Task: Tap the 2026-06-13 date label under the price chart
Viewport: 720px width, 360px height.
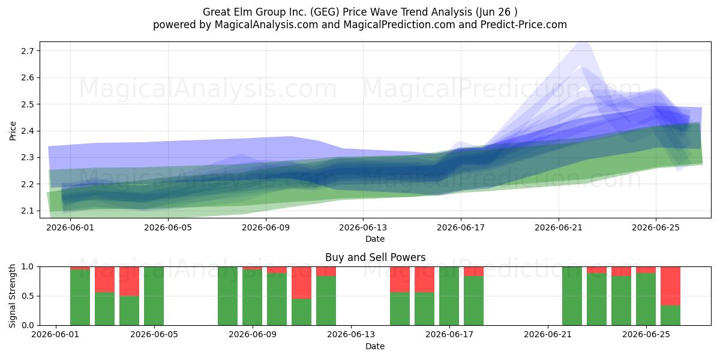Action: pyautogui.click(x=363, y=227)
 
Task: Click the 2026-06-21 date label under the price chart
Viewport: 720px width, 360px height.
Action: pyautogui.click(x=559, y=227)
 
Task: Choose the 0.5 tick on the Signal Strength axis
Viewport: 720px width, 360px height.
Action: pyautogui.click(x=28, y=296)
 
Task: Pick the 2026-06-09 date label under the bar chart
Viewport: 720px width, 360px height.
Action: pyautogui.click(x=253, y=334)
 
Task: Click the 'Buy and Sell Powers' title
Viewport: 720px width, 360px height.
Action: pyautogui.click(x=375, y=257)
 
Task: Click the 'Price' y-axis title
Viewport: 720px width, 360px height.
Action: pyautogui.click(x=13, y=131)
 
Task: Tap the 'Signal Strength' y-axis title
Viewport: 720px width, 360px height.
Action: pyautogui.click(x=12, y=296)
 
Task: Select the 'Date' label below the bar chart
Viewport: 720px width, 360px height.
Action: pyautogui.click(x=375, y=346)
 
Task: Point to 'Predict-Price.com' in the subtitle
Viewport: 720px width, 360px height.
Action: pyautogui.click(x=524, y=25)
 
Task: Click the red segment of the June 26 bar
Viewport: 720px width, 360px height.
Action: pyautogui.click(x=671, y=286)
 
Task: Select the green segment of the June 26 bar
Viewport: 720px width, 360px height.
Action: pyautogui.click(x=671, y=316)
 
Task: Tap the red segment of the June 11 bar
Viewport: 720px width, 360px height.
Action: pyautogui.click(x=301, y=283)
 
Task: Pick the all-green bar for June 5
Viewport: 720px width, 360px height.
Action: pyautogui.click(x=154, y=296)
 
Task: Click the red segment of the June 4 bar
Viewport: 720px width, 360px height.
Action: pyautogui.click(x=129, y=281)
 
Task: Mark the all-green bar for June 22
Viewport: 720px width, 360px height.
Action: pyautogui.click(x=572, y=296)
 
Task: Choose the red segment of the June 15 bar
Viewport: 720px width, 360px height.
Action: pyautogui.click(x=400, y=280)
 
